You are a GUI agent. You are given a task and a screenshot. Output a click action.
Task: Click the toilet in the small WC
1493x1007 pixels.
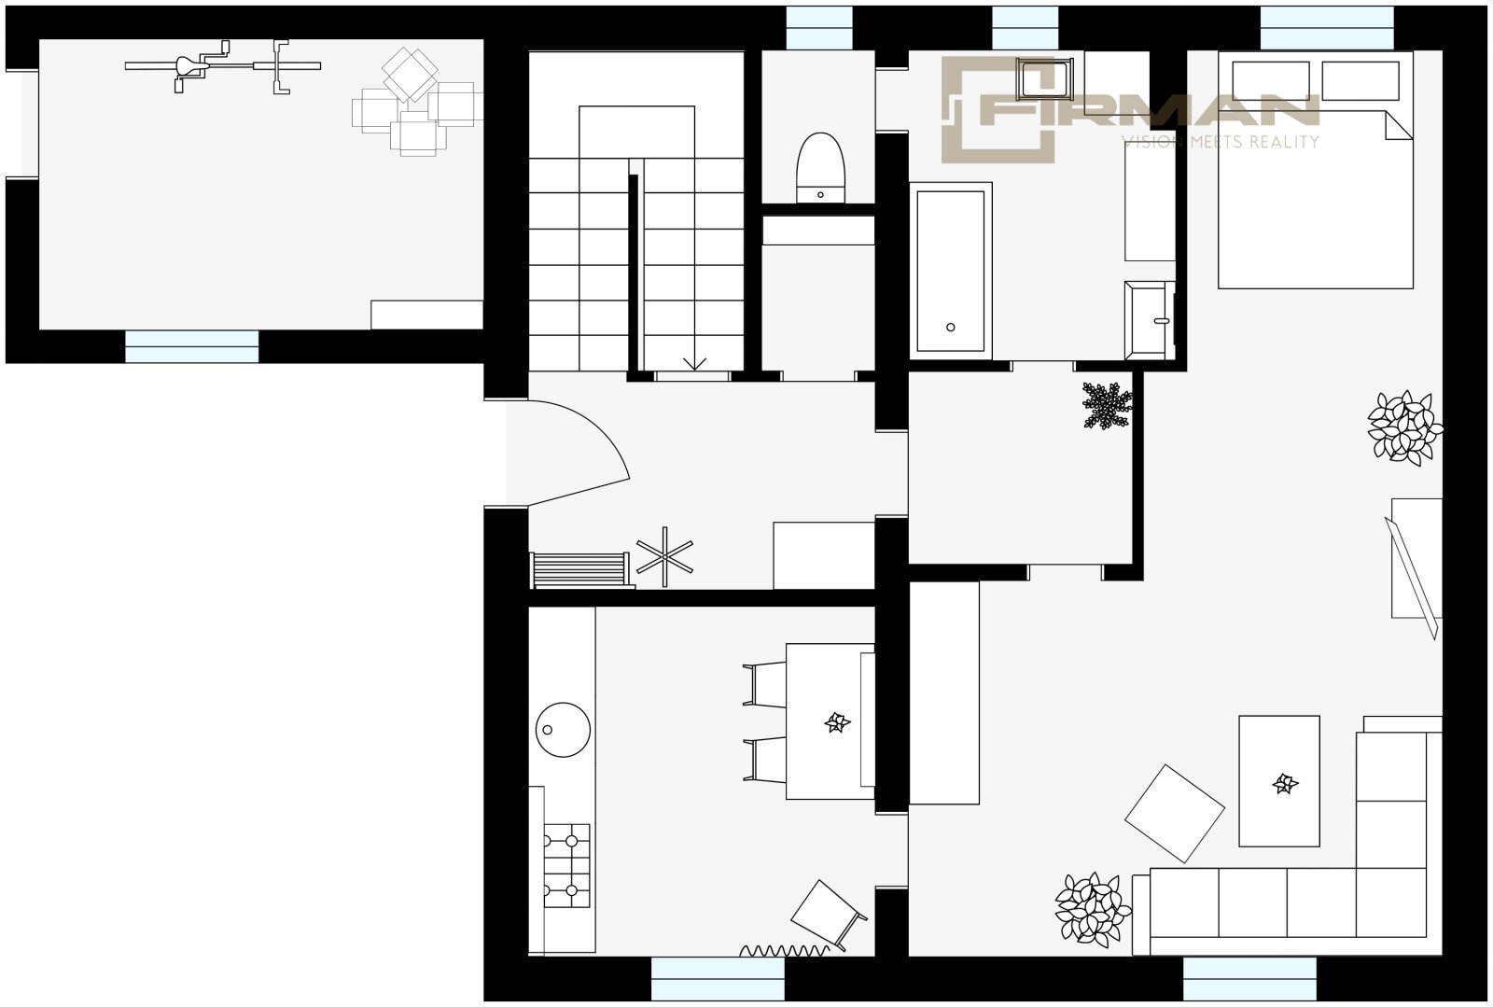[x=820, y=168]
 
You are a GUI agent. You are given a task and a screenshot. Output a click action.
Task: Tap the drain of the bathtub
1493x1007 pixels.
[x=951, y=328]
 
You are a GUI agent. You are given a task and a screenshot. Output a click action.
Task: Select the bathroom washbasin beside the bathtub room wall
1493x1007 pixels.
[x=1149, y=320]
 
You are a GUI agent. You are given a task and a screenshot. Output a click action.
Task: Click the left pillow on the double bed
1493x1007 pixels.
[x=1271, y=81]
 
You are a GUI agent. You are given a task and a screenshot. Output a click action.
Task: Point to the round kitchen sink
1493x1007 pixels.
[x=563, y=730]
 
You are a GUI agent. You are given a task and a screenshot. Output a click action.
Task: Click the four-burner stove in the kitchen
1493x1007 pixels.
[x=566, y=866]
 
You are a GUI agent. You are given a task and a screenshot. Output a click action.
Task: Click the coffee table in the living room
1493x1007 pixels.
[x=1279, y=781]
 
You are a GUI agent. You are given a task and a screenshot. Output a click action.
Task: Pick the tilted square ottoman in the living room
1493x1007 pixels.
[x=1175, y=813]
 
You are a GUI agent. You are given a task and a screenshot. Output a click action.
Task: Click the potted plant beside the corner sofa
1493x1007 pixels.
[x=1093, y=910]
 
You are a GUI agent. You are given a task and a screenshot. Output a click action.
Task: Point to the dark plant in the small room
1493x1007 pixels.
[x=1107, y=405]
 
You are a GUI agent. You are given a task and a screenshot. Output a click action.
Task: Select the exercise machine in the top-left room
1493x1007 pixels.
[x=223, y=66]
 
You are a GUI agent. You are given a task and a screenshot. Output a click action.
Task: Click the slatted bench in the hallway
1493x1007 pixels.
[x=580, y=570]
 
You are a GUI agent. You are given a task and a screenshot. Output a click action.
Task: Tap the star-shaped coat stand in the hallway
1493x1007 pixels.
[x=664, y=557]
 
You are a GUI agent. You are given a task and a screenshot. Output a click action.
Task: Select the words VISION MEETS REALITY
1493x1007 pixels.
[x=1221, y=141]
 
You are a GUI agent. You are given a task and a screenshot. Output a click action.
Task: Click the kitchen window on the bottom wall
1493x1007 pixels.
[x=718, y=978]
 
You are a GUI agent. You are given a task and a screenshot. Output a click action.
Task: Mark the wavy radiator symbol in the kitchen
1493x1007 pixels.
[x=784, y=950]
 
